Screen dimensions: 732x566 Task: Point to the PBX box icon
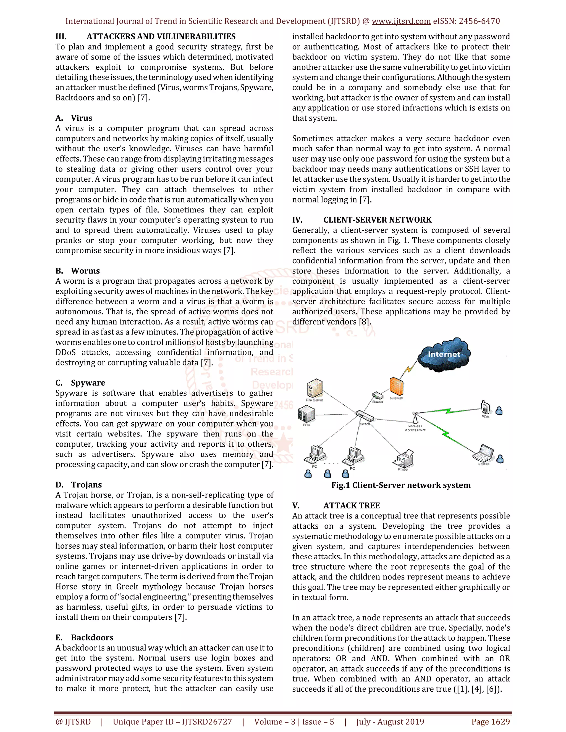point(306,414)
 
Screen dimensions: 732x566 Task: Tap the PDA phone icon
point(485,407)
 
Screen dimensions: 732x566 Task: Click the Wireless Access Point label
point(415,428)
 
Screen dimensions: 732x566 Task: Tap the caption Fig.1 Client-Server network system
point(401,485)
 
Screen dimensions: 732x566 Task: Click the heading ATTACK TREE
point(352,505)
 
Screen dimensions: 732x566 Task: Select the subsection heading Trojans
point(86,485)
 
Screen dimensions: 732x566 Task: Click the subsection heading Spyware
point(88,383)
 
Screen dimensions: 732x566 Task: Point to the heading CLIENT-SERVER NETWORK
point(377,220)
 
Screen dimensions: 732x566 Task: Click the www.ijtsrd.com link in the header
point(401,21)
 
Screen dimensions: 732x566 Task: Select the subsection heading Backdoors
point(92,638)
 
